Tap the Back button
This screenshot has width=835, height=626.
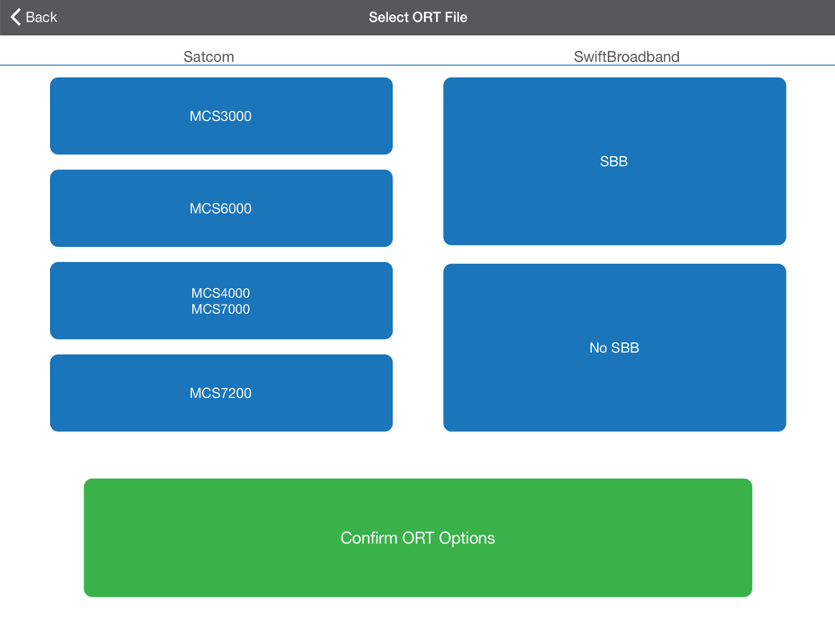[x=33, y=17]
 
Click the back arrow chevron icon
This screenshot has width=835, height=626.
[x=16, y=17]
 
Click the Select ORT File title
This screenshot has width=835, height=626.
[x=417, y=17]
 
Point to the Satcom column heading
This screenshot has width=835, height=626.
[x=209, y=57]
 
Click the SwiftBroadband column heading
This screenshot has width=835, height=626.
[x=626, y=57]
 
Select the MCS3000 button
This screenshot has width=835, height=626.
[x=221, y=116]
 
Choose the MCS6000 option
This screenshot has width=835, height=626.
[x=221, y=208]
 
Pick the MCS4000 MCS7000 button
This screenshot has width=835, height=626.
[x=221, y=300]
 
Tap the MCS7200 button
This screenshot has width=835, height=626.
[x=221, y=393]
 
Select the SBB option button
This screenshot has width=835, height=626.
[x=615, y=161]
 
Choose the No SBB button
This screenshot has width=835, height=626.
[x=615, y=347]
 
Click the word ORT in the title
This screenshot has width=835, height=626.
[x=426, y=17]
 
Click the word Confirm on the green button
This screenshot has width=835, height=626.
[x=369, y=538]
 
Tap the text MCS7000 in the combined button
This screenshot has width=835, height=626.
[x=220, y=309]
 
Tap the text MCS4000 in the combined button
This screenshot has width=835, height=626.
[x=220, y=293]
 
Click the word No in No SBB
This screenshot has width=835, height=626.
[x=598, y=347]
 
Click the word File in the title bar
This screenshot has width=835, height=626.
[x=456, y=17]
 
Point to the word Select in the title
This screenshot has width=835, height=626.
[x=389, y=17]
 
